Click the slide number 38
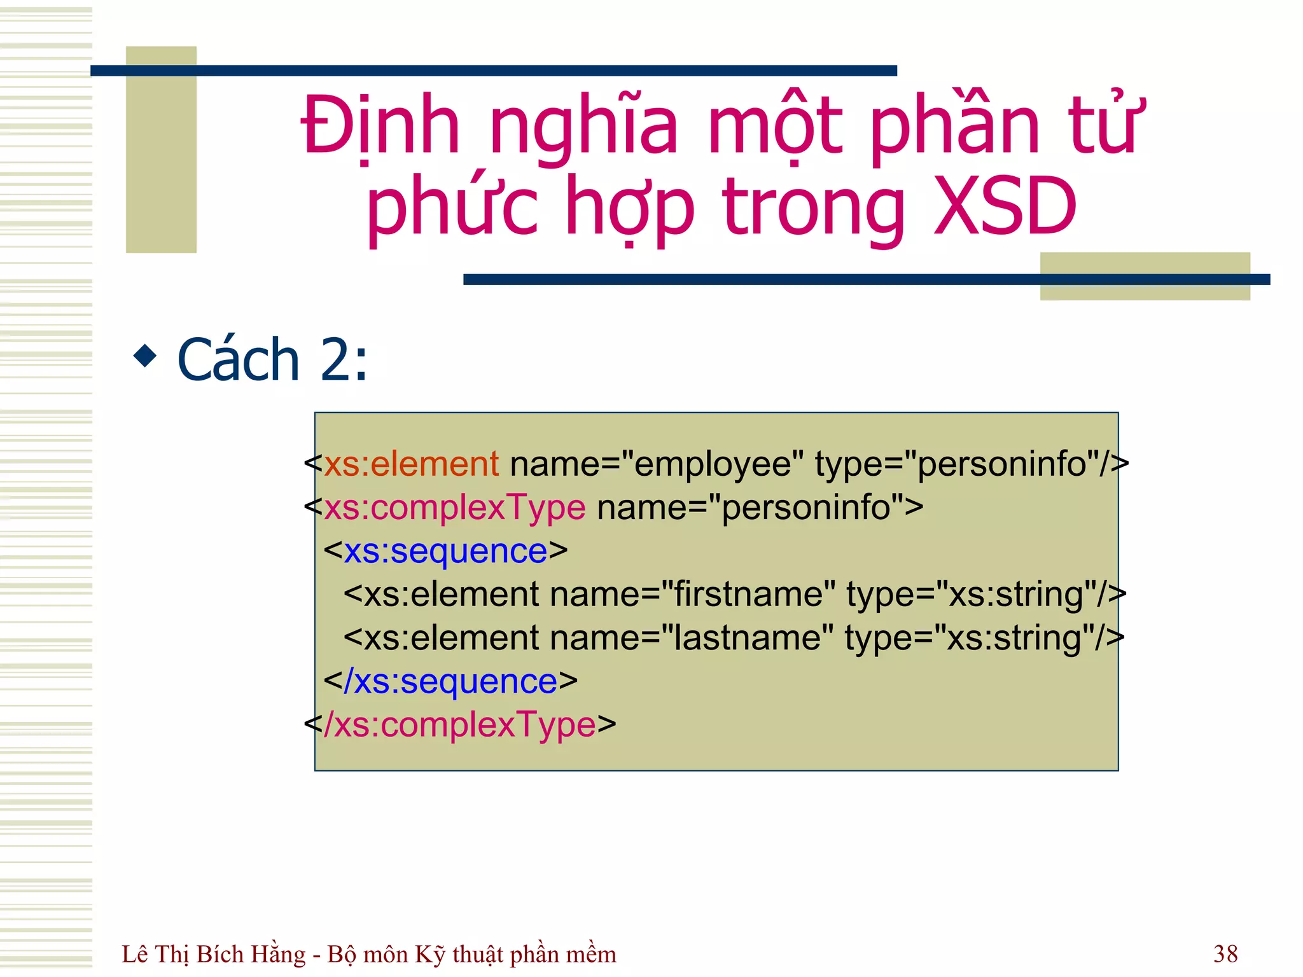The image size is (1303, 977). click(1225, 953)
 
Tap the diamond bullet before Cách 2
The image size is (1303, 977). click(145, 356)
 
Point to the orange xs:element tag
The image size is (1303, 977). click(411, 464)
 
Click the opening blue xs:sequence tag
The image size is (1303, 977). click(445, 551)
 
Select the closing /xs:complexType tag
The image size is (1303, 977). click(465, 724)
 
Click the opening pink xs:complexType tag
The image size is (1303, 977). click(454, 508)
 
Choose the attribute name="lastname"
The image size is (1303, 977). click(691, 638)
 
